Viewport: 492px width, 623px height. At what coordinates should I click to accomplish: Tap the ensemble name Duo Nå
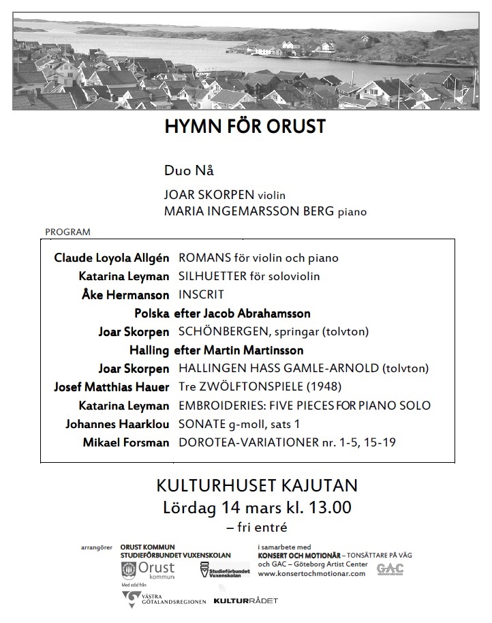pos(184,170)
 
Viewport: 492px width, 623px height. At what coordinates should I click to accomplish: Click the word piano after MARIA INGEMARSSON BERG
pos(352,212)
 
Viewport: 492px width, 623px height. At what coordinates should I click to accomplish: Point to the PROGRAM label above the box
pos(67,232)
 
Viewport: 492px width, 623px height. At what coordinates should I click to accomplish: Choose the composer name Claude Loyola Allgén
pos(112,258)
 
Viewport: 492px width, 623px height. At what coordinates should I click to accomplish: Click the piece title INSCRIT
pos(201,295)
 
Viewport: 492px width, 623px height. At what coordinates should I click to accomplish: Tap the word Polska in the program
pos(153,314)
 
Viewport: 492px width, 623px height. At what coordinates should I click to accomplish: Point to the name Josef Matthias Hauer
pos(112,387)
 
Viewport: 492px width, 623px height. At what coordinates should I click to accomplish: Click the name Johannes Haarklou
pos(117,424)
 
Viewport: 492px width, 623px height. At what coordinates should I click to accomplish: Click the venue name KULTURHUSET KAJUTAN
pos(257,487)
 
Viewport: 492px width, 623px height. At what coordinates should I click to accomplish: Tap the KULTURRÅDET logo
pos(245,601)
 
